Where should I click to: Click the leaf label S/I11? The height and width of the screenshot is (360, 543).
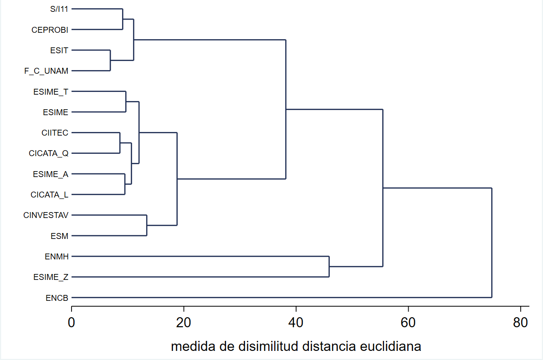point(59,9)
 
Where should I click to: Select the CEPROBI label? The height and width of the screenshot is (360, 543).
point(50,30)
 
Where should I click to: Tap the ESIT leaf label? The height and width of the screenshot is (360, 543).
point(59,50)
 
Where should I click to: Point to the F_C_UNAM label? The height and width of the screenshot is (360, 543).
point(46,71)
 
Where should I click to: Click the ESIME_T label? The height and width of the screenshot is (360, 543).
point(51,91)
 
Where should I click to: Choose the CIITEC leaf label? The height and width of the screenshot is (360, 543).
point(55,133)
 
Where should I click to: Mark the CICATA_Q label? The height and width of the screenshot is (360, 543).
point(49,153)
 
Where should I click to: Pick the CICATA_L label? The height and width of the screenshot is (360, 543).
point(50,195)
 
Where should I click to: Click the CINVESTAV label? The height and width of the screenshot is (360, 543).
point(46,215)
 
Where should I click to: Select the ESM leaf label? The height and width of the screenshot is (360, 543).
point(60,236)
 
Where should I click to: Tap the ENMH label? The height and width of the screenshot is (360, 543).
point(56,257)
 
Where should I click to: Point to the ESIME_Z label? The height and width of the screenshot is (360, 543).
point(51,277)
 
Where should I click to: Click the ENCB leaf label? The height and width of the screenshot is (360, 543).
point(57,298)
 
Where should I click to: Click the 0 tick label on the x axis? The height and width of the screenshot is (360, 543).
point(72,322)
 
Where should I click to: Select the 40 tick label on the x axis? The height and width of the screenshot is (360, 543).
point(296,322)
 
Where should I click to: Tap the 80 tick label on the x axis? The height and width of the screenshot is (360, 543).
point(520,322)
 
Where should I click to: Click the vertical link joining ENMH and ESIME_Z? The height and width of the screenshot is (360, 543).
point(329,267)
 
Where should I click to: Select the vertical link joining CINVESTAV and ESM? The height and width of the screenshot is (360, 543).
point(147,225)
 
